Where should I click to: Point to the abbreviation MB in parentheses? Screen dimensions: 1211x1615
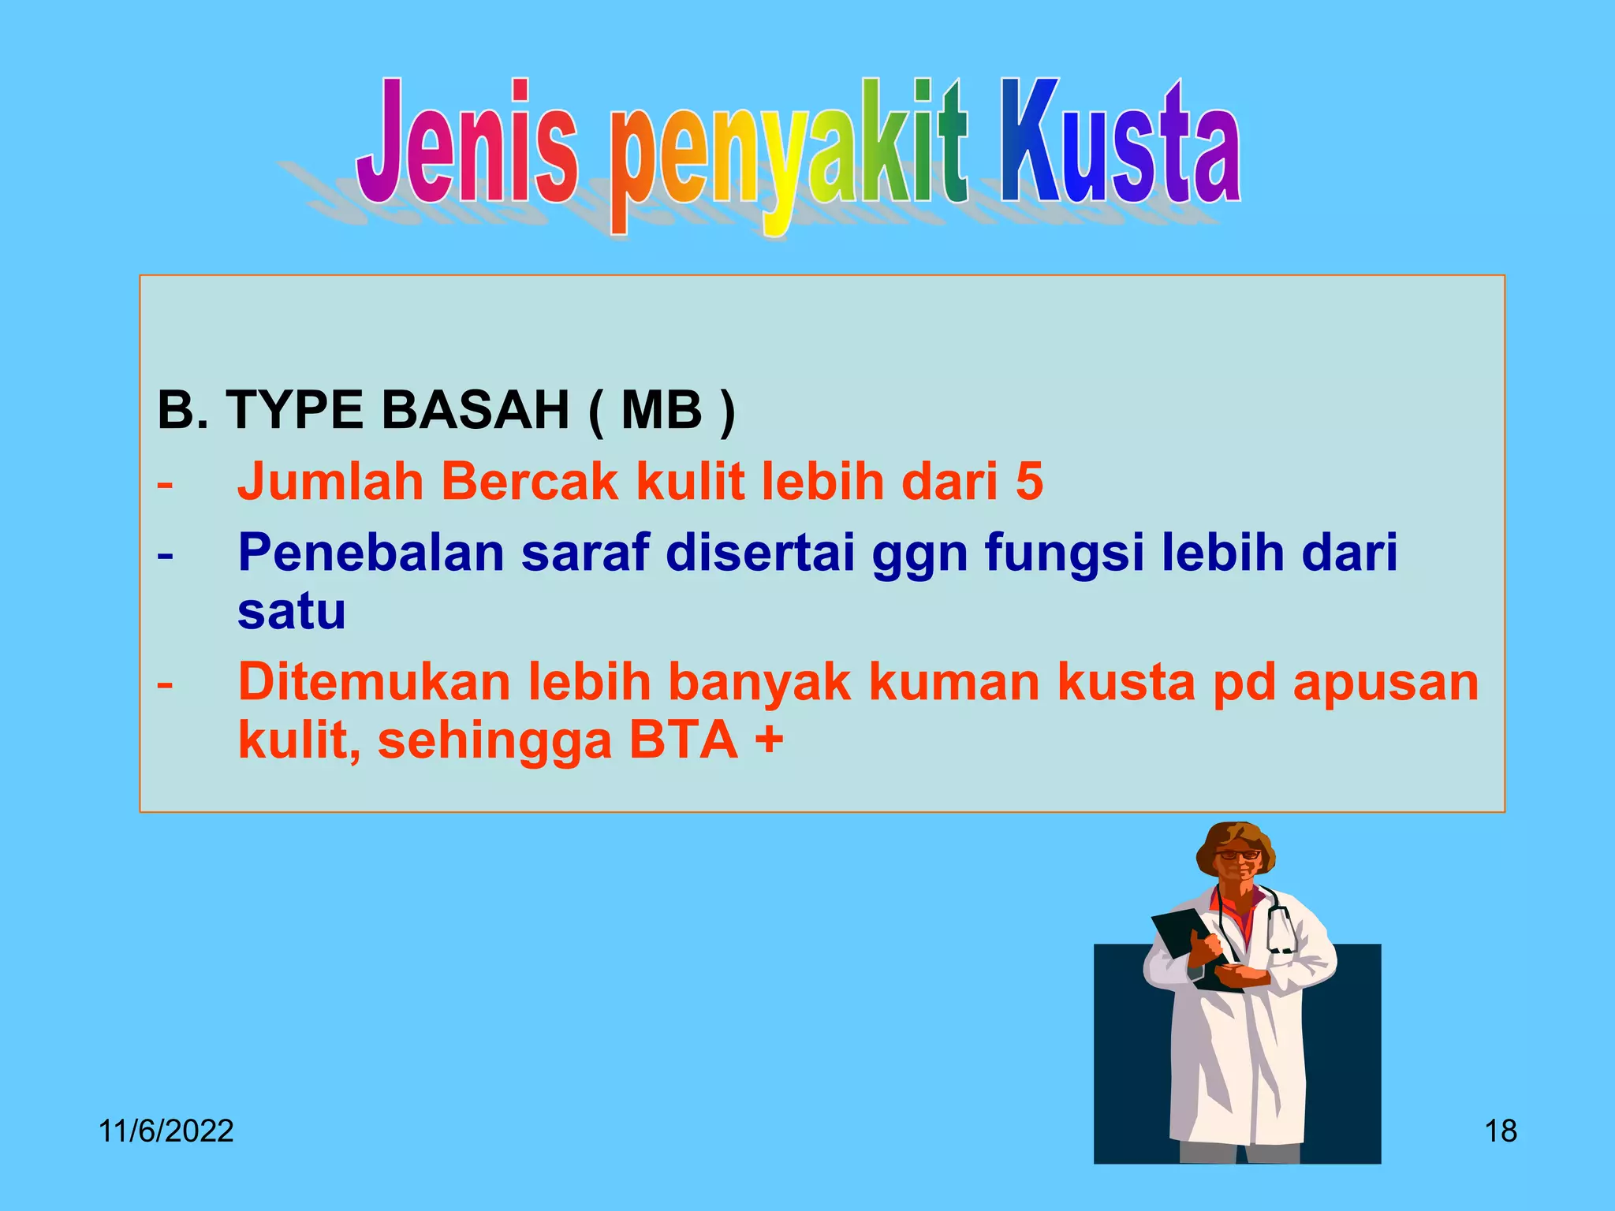(x=661, y=411)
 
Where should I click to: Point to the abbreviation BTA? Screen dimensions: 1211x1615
(x=683, y=741)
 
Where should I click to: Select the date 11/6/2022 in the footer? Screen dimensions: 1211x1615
(x=166, y=1131)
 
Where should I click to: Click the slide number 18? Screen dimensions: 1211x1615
(x=1501, y=1131)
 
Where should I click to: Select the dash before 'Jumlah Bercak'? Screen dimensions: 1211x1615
(x=165, y=483)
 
